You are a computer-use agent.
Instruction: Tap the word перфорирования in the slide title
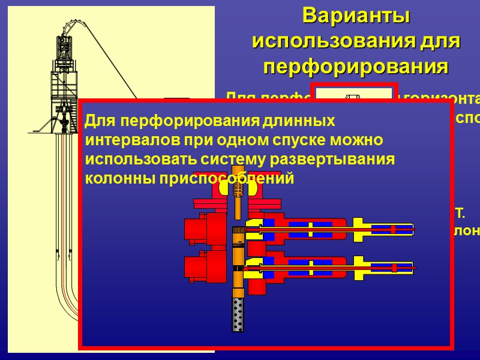pyautogui.click(x=356, y=67)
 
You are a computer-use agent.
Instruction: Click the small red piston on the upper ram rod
pyautogui.click(x=393, y=229)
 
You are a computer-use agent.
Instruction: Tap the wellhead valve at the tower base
pyautogui.click(x=62, y=119)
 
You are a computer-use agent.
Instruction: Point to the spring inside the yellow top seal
pyautogui.click(x=239, y=188)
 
